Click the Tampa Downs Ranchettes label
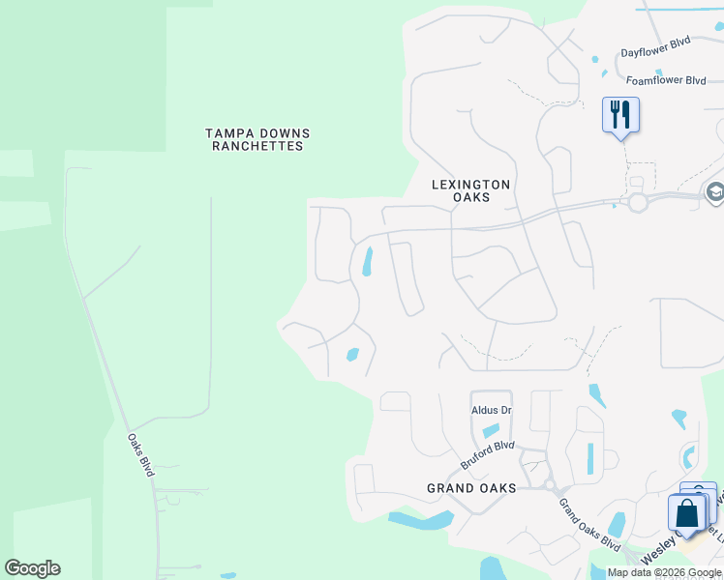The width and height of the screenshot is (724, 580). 257,139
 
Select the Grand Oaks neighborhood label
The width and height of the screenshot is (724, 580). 471,488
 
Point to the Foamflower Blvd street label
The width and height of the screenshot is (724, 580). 666,80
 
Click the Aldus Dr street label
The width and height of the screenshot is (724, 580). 491,410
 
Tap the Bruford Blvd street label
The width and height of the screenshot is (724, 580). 487,454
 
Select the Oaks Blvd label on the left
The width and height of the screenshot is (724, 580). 141,453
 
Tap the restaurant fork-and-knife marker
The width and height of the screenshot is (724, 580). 618,115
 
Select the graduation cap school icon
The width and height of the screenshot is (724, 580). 715,190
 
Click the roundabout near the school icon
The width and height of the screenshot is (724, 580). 637,203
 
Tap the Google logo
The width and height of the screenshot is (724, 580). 32,568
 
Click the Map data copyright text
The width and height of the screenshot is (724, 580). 664,572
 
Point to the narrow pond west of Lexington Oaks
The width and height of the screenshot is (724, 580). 368,261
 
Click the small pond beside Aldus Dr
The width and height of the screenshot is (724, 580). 492,430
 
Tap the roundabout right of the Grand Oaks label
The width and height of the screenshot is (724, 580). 548,484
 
